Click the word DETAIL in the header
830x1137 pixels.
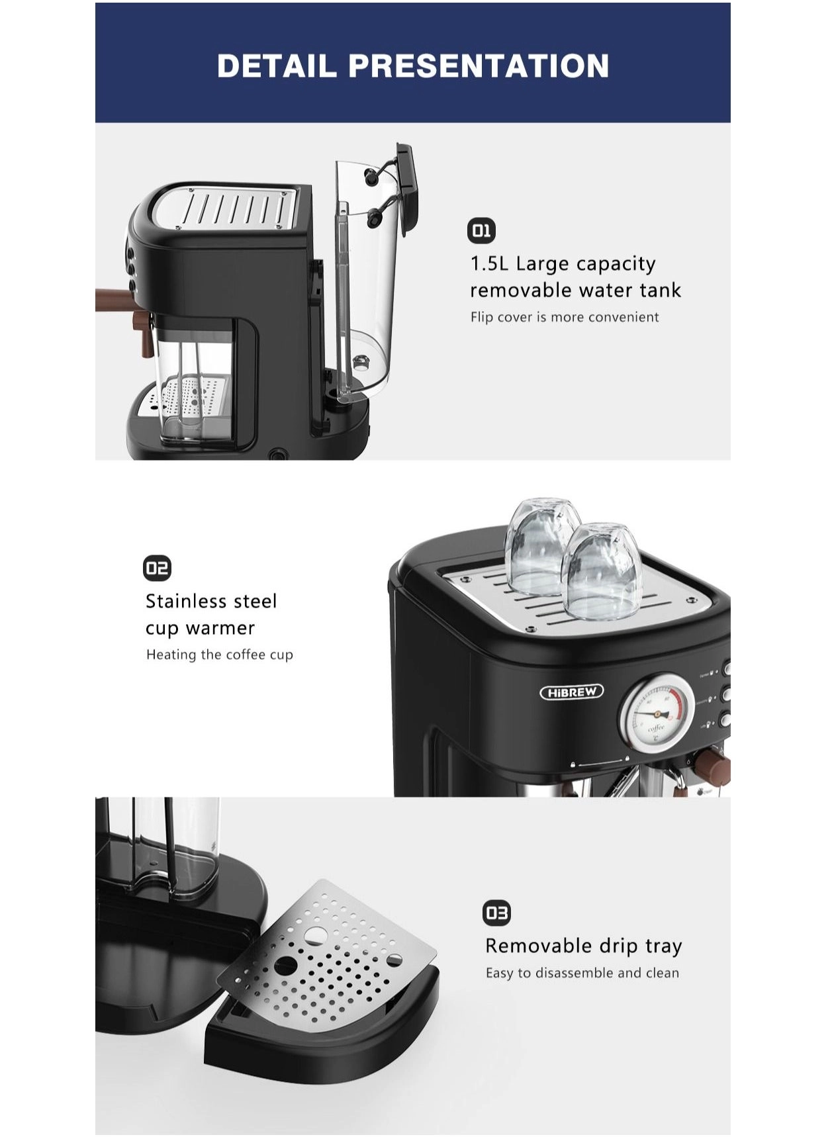tap(276, 66)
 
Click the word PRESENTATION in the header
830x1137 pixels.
tap(478, 66)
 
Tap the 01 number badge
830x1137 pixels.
tap(481, 231)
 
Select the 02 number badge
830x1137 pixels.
tap(157, 568)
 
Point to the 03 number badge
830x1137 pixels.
tap(496, 913)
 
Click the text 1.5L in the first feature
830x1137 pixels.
tap(489, 264)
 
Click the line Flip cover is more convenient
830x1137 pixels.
tap(564, 317)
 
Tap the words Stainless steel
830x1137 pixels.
tap(211, 602)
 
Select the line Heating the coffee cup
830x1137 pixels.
tap(219, 655)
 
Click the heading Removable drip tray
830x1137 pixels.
tap(583, 946)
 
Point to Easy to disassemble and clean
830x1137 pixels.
tap(582, 973)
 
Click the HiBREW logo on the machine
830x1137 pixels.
tap(572, 692)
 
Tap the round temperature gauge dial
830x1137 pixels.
tap(656, 712)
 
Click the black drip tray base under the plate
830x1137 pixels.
tap(318, 1046)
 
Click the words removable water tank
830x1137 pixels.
tap(575, 291)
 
